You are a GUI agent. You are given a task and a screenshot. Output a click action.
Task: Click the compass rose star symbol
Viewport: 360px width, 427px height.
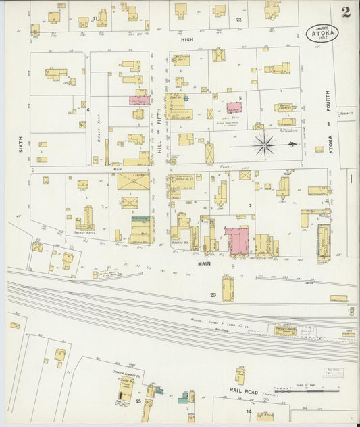264,144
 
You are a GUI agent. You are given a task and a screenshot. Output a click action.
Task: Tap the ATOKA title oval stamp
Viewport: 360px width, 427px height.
326,32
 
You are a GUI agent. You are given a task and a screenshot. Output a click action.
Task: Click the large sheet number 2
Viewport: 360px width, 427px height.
346,11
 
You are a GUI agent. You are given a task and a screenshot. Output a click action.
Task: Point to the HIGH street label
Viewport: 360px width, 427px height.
186,40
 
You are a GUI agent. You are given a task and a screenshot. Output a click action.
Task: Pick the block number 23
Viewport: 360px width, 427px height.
213,295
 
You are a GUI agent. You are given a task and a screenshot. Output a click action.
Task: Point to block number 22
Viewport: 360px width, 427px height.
238,20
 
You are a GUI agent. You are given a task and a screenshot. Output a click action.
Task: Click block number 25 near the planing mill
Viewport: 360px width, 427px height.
138,401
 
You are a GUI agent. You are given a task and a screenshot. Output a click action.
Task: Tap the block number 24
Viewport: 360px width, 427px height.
249,411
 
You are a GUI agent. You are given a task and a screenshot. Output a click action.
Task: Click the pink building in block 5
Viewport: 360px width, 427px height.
234,108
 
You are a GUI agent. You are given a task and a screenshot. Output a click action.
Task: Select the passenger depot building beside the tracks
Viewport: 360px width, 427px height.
285,330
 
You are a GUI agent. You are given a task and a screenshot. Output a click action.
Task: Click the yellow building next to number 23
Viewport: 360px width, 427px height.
228,289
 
